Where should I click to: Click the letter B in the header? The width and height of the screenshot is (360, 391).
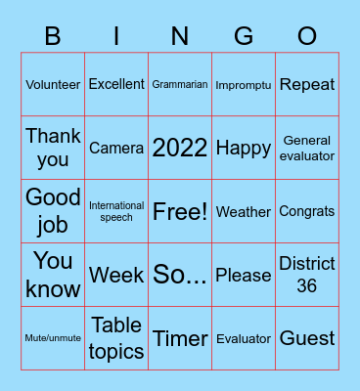(x=53, y=37)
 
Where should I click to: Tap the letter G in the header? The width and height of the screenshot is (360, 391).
(x=244, y=37)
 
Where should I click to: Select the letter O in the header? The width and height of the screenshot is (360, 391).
(x=307, y=37)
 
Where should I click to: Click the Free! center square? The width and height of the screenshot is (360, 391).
(x=180, y=211)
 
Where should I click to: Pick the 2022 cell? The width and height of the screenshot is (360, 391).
(x=180, y=148)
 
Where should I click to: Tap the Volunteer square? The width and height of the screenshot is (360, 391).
(x=53, y=84)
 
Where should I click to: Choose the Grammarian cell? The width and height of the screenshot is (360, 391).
(x=180, y=84)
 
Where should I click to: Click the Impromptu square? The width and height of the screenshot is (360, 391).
(x=244, y=84)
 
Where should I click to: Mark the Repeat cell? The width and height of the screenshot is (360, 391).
(x=307, y=84)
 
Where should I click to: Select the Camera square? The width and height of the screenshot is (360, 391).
(x=116, y=148)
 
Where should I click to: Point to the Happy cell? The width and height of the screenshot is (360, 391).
(x=244, y=148)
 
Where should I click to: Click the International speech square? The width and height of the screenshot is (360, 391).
(x=116, y=211)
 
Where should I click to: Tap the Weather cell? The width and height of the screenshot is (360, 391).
(x=244, y=211)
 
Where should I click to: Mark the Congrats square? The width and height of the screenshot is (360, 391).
(x=307, y=211)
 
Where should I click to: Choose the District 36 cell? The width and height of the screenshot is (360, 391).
(x=307, y=275)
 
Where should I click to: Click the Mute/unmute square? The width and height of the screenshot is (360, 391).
(x=53, y=338)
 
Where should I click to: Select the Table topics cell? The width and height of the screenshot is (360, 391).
(x=116, y=338)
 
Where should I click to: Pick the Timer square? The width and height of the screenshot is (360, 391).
(x=180, y=338)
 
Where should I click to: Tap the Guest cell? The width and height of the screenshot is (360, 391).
(x=307, y=338)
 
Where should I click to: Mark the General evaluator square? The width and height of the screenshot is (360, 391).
(x=307, y=148)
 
